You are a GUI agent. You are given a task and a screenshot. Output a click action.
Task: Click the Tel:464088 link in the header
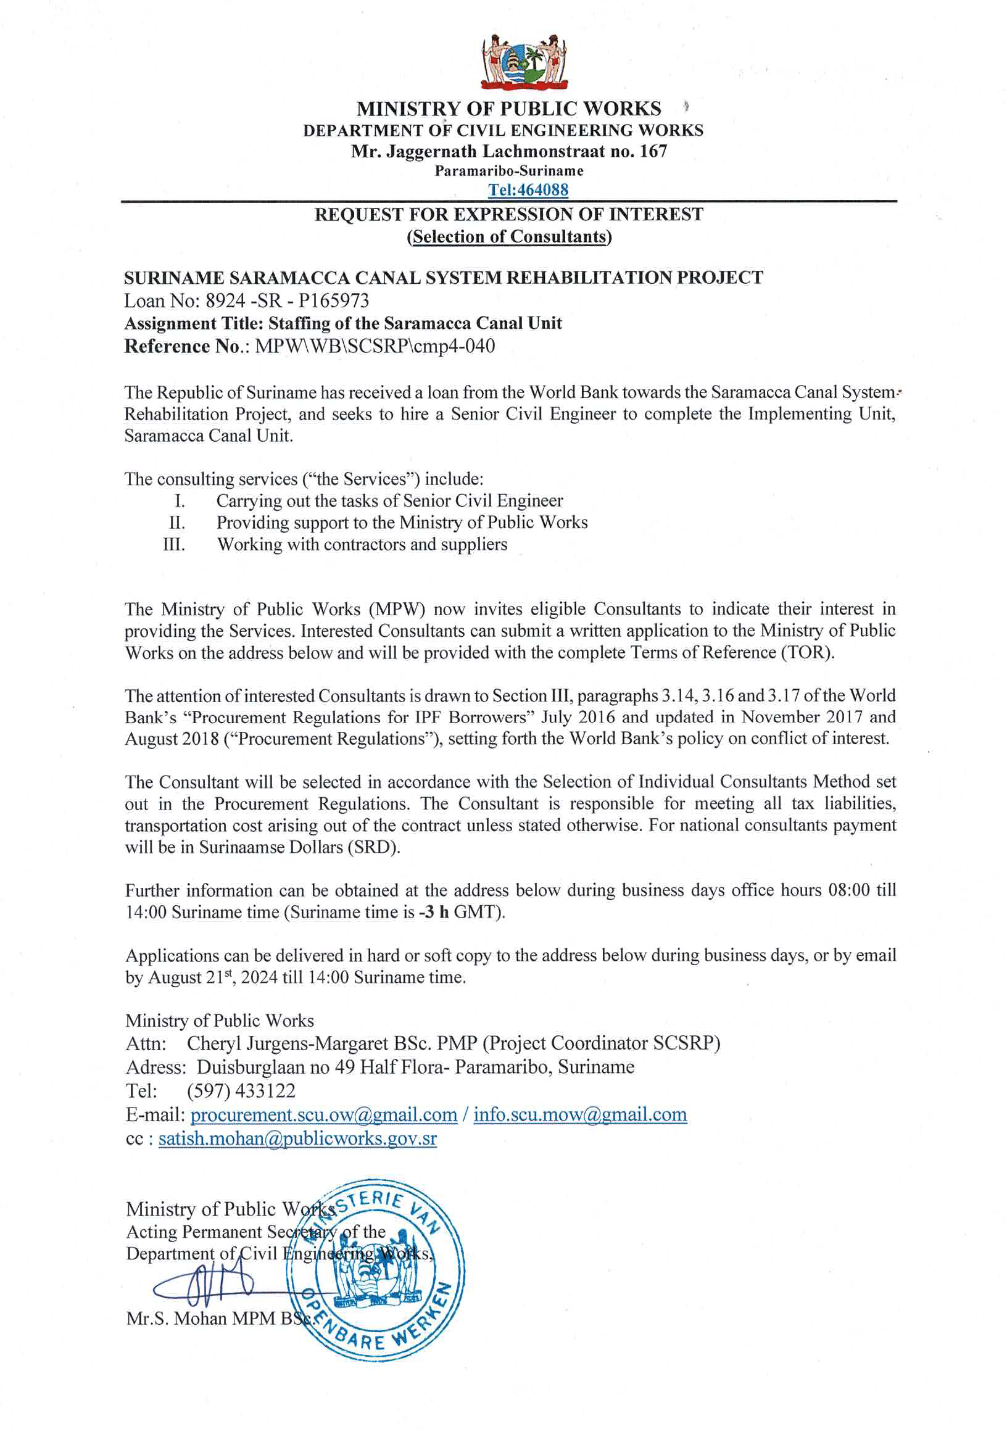[x=528, y=189]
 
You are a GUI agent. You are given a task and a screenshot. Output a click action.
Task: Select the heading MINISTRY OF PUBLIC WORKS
[x=508, y=109]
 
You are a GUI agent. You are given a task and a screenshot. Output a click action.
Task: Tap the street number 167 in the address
[x=653, y=151]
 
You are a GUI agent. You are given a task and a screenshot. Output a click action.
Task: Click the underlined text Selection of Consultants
[x=508, y=237]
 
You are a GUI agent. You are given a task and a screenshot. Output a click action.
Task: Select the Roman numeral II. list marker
[x=177, y=522]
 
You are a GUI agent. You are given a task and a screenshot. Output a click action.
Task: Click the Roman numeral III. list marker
[x=173, y=544]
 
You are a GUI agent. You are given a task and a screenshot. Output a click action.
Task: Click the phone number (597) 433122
[x=241, y=1090]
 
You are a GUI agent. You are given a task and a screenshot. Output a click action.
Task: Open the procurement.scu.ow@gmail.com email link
[x=323, y=1115]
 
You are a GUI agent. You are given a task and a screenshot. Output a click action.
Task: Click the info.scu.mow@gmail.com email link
[x=580, y=1115]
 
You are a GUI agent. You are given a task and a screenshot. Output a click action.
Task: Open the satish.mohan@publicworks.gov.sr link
[x=297, y=1138]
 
